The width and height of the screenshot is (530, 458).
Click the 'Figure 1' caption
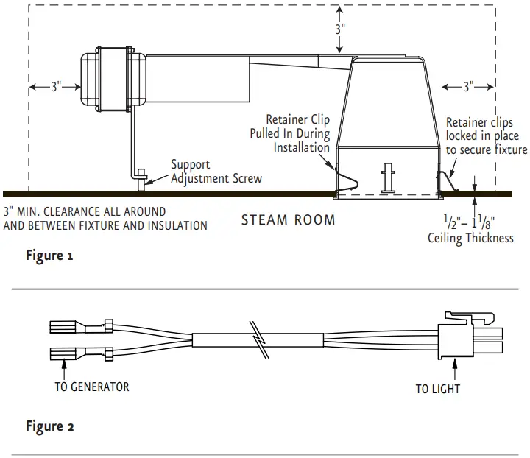49,256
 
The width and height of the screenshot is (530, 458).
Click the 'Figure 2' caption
49,426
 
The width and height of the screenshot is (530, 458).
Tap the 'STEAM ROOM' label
288,219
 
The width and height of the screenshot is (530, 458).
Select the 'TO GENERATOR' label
92,387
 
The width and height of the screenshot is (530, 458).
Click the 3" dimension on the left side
56,87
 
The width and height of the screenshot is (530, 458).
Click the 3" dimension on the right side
468,87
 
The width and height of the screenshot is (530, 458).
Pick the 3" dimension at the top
340,30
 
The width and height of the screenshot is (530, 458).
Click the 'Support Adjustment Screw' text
216,172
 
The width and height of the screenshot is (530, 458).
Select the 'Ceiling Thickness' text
470,238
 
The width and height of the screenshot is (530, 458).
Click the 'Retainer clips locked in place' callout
486,136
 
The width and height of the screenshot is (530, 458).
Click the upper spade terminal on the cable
70,326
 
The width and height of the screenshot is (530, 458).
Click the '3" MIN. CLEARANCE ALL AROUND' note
85,211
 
